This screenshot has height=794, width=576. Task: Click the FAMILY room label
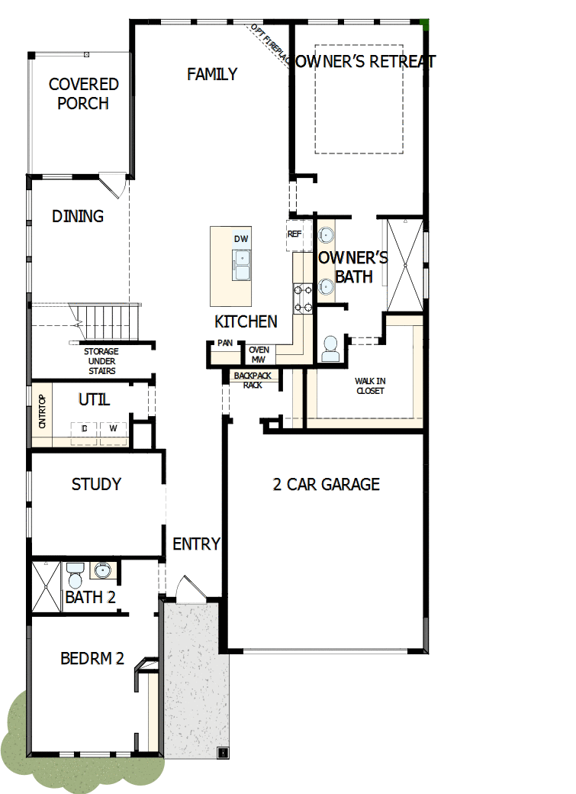point(212,74)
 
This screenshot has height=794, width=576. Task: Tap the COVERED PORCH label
point(83,93)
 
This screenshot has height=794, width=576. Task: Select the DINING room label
point(78,216)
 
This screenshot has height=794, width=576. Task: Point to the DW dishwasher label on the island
point(241,239)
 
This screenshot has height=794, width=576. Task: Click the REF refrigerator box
point(294,234)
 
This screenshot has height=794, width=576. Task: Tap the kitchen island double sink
point(242,266)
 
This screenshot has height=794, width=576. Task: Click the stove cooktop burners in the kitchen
point(303,298)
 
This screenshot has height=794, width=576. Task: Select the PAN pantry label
point(224,344)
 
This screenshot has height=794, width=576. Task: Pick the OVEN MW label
point(259,354)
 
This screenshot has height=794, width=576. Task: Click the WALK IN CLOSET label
point(369,386)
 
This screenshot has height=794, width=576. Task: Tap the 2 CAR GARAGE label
point(326,484)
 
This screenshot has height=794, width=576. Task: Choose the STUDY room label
point(96,484)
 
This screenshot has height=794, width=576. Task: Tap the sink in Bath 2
point(101,570)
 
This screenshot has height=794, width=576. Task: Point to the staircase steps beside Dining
point(107,318)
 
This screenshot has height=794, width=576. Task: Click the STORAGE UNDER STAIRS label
point(101,361)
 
